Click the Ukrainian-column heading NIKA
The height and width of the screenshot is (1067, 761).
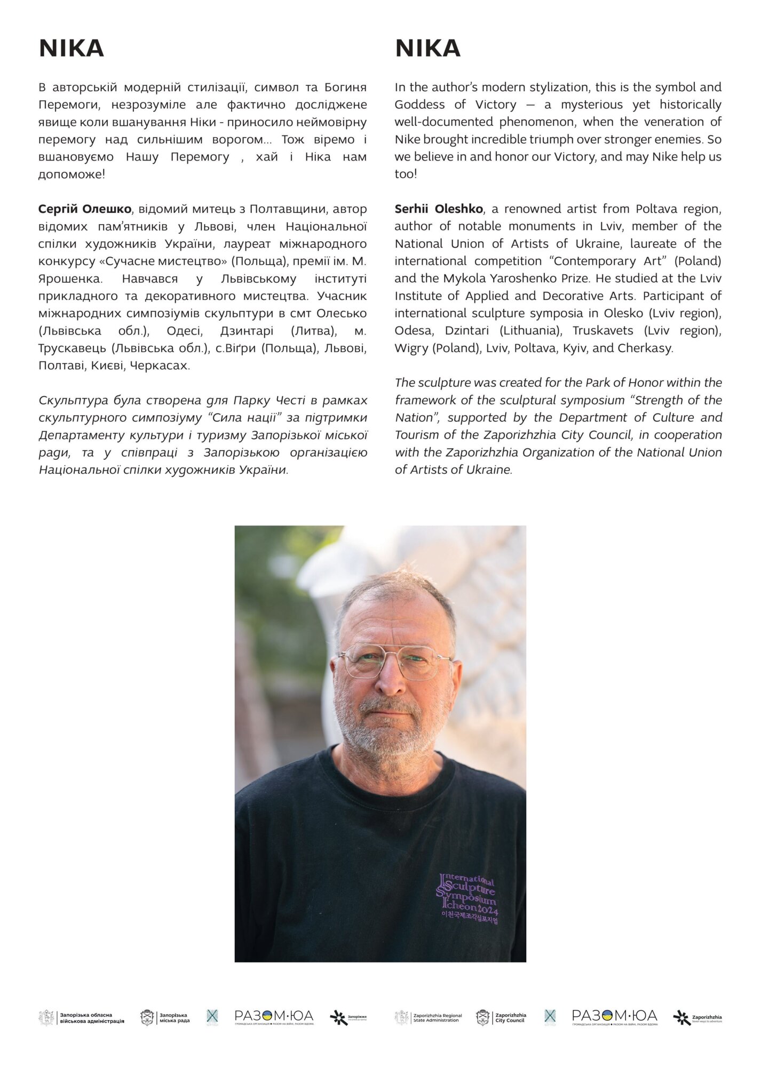[71, 49]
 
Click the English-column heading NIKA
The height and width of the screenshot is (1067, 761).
[427, 49]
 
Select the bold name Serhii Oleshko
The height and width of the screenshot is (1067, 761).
[439, 209]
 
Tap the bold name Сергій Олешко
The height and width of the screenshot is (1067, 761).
[85, 209]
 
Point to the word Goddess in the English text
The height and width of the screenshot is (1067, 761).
[419, 105]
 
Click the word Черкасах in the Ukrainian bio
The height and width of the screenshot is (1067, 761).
[159, 366]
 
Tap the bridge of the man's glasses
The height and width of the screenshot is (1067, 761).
[392, 659]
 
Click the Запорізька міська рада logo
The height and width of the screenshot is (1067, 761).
[165, 1018]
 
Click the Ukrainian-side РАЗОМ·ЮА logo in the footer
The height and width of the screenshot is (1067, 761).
[274, 1017]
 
